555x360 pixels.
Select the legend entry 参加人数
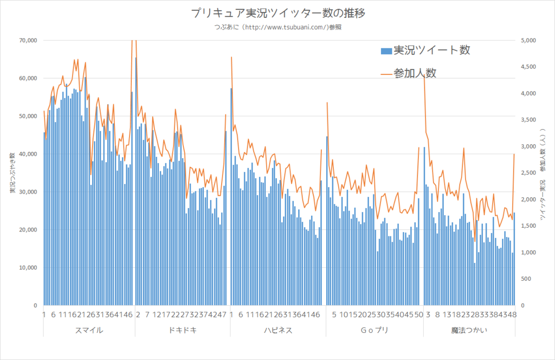tap(415, 73)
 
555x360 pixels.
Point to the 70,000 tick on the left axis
tap(27, 40)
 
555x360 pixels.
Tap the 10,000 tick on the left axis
tap(27, 267)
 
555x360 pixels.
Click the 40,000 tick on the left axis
tap(27, 154)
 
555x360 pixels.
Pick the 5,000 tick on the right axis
tap(528, 40)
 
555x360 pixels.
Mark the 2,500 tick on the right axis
tap(528, 173)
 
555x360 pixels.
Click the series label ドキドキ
tap(183, 330)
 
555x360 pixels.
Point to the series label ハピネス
tap(277, 330)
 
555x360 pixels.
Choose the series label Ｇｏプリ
tap(375, 330)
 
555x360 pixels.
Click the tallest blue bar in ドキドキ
tap(135, 179)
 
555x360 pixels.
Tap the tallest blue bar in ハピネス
tap(231, 195)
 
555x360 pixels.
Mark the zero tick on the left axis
tap(33, 305)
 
